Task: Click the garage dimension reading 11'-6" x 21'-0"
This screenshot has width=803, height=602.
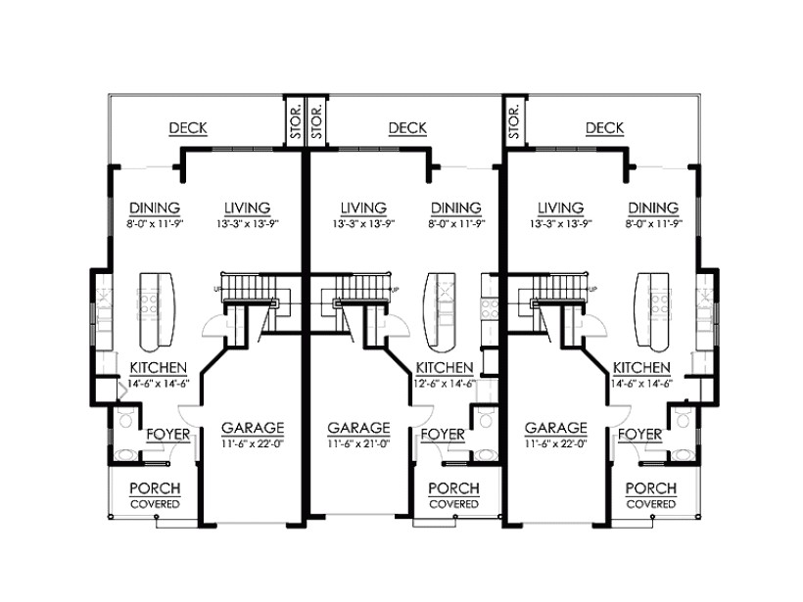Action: (x=358, y=443)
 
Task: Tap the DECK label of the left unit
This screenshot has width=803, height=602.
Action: (x=187, y=128)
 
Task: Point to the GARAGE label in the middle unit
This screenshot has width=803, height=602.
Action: (x=358, y=428)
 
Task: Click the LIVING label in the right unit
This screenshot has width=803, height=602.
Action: (x=560, y=208)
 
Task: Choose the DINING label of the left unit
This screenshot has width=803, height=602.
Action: (x=154, y=208)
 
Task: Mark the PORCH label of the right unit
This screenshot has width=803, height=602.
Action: (x=651, y=488)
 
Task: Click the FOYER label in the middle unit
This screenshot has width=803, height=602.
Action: (x=442, y=433)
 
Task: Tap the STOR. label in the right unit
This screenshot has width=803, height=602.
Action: (x=514, y=121)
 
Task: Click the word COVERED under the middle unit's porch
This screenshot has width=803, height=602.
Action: (x=453, y=504)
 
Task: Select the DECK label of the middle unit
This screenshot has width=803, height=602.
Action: (x=406, y=128)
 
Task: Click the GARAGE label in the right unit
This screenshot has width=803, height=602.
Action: (x=556, y=428)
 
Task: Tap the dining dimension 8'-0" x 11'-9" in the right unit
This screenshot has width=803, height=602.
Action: (x=653, y=223)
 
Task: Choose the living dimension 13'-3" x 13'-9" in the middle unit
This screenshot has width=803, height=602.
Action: (x=363, y=223)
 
